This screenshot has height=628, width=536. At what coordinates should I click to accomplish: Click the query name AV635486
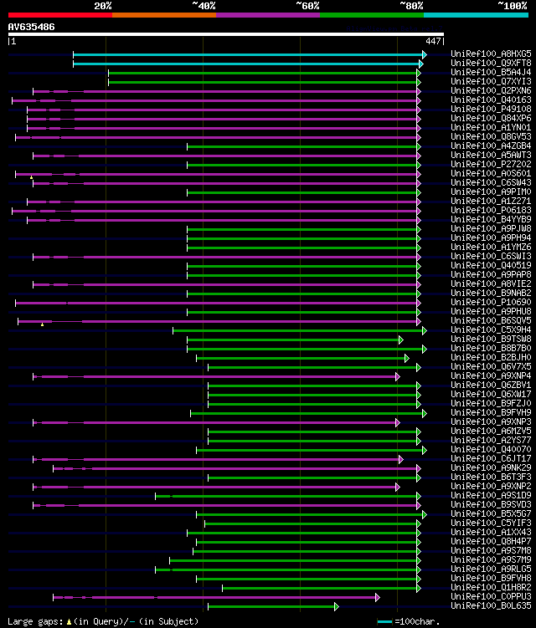32,27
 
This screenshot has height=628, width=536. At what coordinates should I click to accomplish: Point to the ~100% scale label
512,5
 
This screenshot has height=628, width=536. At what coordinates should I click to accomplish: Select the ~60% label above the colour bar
307,5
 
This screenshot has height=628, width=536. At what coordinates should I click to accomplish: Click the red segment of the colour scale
59,14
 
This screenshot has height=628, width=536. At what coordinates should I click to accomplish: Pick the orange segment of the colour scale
163,14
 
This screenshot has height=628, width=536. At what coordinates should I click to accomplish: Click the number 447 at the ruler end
433,41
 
